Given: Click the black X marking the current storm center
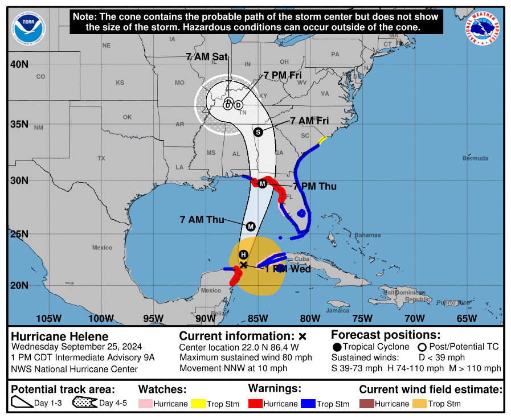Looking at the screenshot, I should [x=244, y=265].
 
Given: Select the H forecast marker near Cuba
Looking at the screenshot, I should [x=243, y=254].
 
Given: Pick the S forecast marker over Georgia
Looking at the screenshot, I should [x=258, y=132].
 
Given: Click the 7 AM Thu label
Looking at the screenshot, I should [x=202, y=219].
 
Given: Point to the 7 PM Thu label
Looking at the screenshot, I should [x=314, y=186].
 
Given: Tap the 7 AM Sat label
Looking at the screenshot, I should [x=207, y=56].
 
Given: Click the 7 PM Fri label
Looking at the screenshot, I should [x=283, y=75].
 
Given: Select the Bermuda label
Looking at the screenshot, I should [x=475, y=158].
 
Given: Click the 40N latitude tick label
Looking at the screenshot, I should [x=19, y=64].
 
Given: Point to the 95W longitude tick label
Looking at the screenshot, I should [x=153, y=318].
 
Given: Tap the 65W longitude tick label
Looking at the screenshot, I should [x=467, y=318].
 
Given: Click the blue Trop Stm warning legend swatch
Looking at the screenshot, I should [x=308, y=404].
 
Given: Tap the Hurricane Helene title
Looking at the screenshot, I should [x=60, y=336].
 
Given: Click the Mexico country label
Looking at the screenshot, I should [x=103, y=248].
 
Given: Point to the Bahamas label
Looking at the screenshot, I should [x=367, y=235].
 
